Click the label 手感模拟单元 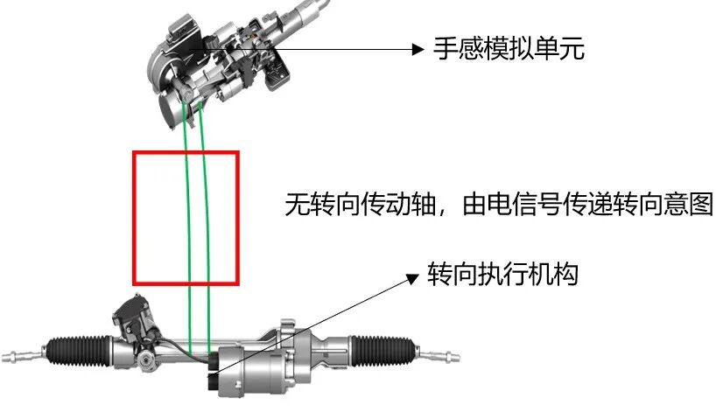click(x=509, y=48)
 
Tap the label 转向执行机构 click(x=502, y=275)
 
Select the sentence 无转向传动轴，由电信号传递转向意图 click(x=499, y=204)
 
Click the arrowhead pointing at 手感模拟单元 click(x=418, y=49)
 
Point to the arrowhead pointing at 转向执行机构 click(x=413, y=278)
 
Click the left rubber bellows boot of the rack click(x=79, y=351)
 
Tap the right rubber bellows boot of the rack click(x=383, y=350)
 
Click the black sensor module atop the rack click(x=132, y=315)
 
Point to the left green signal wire click(x=186, y=228)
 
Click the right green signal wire click(x=206, y=228)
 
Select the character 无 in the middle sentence click(x=297, y=204)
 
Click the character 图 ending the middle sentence click(x=702, y=204)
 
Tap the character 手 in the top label click(x=446, y=48)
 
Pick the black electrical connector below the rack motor click(x=214, y=381)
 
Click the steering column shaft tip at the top click(x=322, y=4)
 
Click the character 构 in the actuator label click(x=566, y=275)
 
